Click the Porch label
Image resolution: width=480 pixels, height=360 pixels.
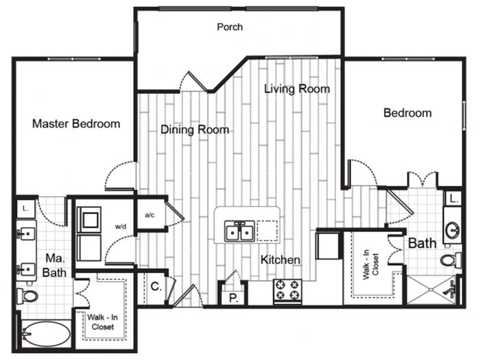pos(230,27)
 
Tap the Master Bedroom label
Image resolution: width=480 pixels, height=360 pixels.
pos(76,123)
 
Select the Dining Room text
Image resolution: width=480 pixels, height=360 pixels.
pos(195,130)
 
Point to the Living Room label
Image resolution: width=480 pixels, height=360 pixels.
pos(297,88)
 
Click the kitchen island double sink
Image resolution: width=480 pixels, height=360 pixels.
pos(239,231)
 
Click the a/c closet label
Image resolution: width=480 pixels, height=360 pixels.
pos(149,215)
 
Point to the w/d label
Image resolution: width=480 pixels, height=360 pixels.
pos(121,226)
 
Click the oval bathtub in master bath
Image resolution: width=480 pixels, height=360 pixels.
pos(46,334)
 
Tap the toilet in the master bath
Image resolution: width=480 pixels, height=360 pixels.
pos(27,296)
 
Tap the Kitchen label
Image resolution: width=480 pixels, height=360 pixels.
pos(280,260)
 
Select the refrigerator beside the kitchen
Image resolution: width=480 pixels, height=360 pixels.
pos(328,245)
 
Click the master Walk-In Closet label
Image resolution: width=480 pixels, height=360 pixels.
pos(102,322)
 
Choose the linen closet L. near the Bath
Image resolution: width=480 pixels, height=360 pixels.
pos(454,200)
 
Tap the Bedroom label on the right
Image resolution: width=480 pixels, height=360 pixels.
pos(407,112)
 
